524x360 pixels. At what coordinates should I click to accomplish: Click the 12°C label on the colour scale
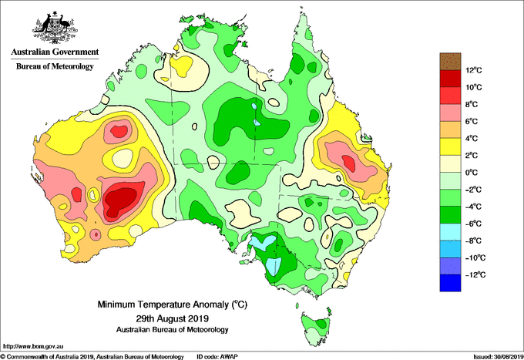tap(474, 70)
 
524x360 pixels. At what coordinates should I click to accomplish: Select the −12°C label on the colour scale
tap(475, 275)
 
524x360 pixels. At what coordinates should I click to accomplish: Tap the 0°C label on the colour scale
tap(472, 173)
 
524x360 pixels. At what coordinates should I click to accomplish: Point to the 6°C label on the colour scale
tap(472, 122)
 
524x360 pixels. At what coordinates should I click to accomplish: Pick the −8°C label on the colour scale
tap(473, 241)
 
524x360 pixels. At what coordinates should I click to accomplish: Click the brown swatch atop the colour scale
tap(450, 62)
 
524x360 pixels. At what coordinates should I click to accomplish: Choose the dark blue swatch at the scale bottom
tap(450, 283)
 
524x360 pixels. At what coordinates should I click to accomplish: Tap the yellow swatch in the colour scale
tap(450, 146)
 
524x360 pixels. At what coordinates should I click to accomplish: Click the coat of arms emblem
tap(55, 28)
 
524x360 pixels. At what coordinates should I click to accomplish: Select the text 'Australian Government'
tap(55, 52)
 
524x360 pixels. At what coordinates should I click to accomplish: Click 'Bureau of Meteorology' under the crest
tap(55, 66)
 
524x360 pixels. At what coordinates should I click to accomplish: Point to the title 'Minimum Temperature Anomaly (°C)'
tap(173, 304)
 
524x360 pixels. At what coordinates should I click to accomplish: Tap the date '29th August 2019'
tap(173, 318)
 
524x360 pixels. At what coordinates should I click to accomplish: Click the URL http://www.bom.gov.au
tap(33, 347)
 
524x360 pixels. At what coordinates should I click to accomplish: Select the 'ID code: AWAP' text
tap(217, 357)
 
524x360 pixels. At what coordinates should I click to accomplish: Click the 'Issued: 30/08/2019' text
tap(499, 357)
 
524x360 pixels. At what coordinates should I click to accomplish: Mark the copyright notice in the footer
tap(92, 357)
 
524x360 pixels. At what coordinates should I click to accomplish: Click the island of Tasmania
tap(317, 328)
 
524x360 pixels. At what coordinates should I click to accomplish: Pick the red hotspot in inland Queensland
tap(348, 163)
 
